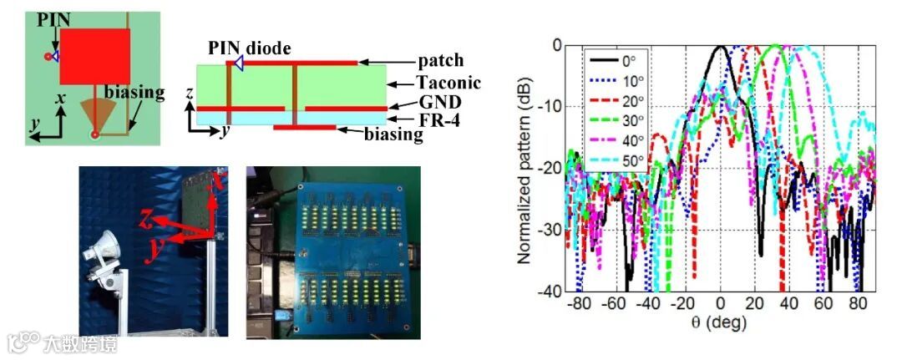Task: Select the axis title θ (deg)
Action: click(719, 322)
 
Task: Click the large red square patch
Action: click(94, 57)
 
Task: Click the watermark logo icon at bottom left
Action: click(24, 342)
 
